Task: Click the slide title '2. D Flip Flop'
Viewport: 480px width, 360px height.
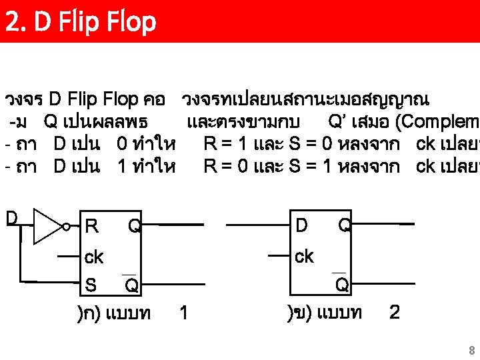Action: pyautogui.click(x=80, y=21)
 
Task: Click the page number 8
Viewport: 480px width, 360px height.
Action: pyautogui.click(x=471, y=351)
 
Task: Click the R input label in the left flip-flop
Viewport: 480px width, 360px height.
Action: pyautogui.click(x=92, y=227)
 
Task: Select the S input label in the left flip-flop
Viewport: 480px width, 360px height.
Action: pyautogui.click(x=91, y=285)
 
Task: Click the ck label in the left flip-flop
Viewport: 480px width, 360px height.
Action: pyautogui.click(x=94, y=257)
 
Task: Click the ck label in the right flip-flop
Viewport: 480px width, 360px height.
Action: pyautogui.click(x=303, y=257)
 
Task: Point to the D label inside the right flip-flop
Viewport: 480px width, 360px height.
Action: pyautogui.click(x=301, y=226)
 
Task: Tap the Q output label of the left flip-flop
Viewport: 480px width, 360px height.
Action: pyautogui.click(x=134, y=227)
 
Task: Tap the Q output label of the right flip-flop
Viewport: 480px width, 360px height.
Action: pyautogui.click(x=344, y=226)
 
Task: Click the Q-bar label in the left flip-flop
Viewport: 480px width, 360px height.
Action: pyautogui.click(x=132, y=285)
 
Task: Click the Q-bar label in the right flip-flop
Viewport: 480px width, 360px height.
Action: pyautogui.click(x=341, y=285)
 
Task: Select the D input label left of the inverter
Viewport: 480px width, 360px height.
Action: pyautogui.click(x=12, y=218)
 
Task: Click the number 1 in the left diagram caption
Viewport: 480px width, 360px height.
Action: pyautogui.click(x=184, y=312)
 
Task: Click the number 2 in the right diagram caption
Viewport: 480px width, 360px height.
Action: pyautogui.click(x=394, y=312)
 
